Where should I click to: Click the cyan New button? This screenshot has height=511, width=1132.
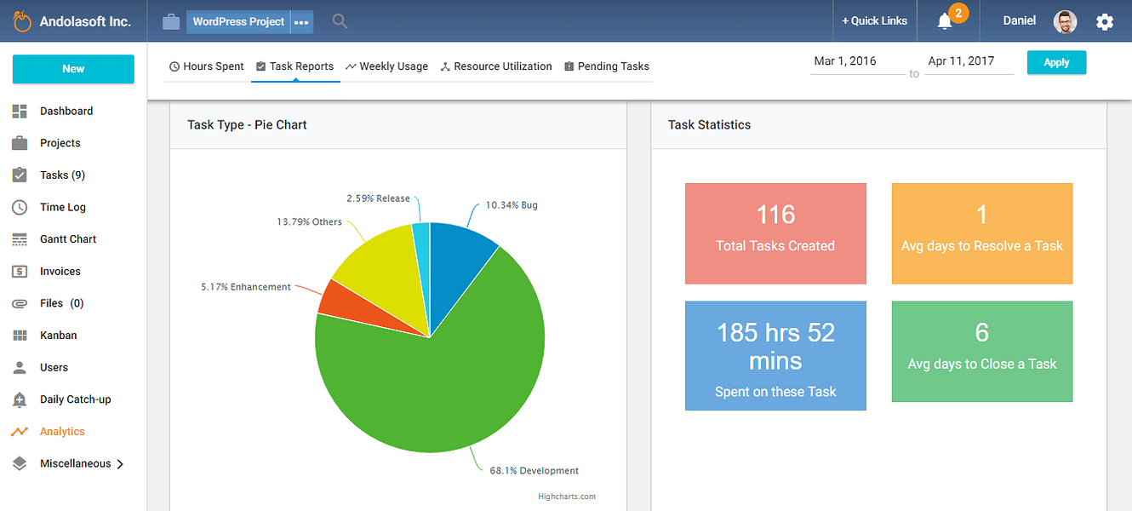(x=73, y=69)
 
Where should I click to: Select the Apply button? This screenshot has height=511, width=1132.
(x=1056, y=62)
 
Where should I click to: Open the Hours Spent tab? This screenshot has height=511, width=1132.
(x=206, y=66)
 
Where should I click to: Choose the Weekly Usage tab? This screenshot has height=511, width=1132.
(x=386, y=66)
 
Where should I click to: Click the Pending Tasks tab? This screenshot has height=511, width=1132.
(x=606, y=66)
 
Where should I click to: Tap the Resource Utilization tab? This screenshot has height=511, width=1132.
(x=495, y=66)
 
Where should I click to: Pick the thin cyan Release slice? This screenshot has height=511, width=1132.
(x=421, y=253)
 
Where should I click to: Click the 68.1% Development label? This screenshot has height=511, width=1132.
(x=534, y=471)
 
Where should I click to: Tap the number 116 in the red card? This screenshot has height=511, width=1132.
(x=775, y=215)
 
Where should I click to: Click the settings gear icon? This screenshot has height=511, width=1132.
(x=1105, y=22)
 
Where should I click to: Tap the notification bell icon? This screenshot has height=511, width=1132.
(x=945, y=22)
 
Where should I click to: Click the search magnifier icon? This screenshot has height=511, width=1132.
(x=340, y=21)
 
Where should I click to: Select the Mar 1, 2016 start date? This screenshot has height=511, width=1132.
(x=845, y=61)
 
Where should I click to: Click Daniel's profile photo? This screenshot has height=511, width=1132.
(x=1065, y=22)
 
